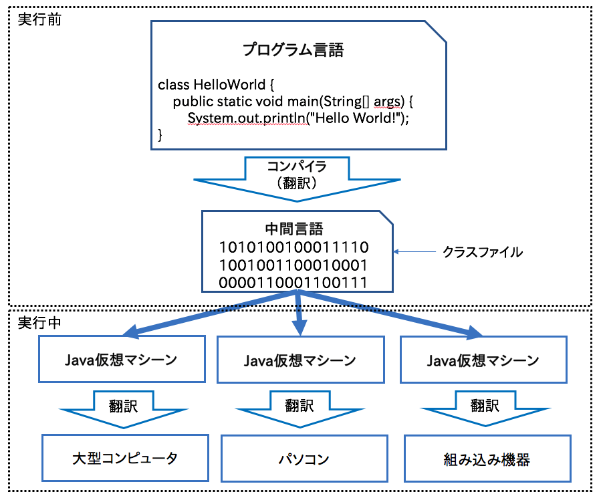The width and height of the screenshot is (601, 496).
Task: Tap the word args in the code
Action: click(x=388, y=102)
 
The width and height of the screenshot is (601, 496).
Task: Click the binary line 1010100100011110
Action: click(x=294, y=248)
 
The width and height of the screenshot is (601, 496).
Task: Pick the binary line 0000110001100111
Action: click(x=294, y=282)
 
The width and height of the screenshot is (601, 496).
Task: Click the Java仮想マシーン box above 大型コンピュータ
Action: click(x=121, y=360)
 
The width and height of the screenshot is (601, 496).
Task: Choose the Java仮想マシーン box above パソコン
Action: click(x=300, y=360)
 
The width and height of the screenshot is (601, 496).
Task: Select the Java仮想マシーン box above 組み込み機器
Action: click(x=483, y=360)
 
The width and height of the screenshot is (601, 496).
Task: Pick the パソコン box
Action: click(x=304, y=459)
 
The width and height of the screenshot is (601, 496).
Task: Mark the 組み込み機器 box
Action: click(x=487, y=459)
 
